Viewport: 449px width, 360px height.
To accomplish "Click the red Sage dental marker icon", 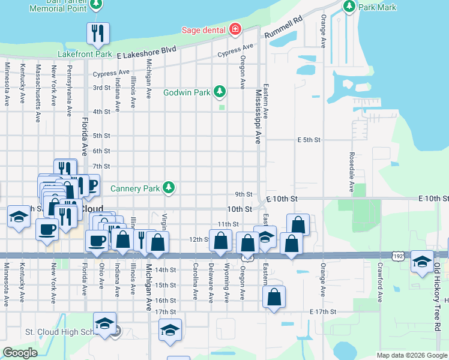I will click(x=235, y=29).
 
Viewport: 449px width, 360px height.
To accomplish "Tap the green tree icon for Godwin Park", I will click(x=220, y=92).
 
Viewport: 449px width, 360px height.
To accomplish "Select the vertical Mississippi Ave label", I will click(x=258, y=117).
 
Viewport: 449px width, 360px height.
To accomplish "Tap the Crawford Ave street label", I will click(x=380, y=281).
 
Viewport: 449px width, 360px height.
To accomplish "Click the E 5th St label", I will click(x=310, y=140).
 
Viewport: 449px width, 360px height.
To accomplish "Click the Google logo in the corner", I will click(x=20, y=352).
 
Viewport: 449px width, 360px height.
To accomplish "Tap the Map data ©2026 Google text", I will click(x=411, y=355).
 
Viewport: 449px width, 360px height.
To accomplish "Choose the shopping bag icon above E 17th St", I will click(x=274, y=296).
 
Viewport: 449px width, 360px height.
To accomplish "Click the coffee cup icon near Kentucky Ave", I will click(x=47, y=229).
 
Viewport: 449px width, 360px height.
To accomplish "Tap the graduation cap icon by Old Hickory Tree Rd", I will click(x=422, y=261).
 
